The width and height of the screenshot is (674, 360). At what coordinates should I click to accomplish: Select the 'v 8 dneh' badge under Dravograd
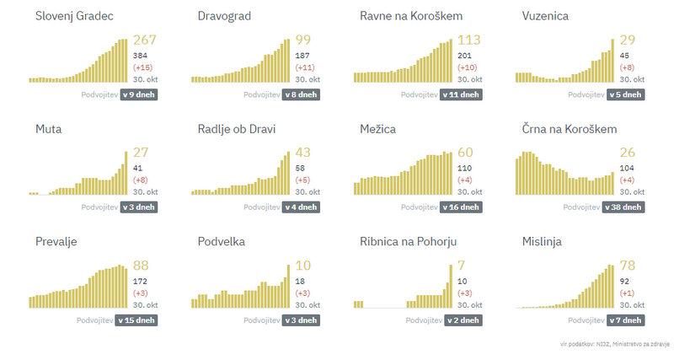pyautogui.click(x=302, y=94)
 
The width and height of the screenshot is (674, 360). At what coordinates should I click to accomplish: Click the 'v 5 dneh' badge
pyautogui.click(x=626, y=94)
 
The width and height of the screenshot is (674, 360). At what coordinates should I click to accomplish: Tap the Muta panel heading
pyautogui.click(x=49, y=129)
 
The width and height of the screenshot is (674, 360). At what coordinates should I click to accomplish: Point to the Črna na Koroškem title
pyautogui.click(x=570, y=129)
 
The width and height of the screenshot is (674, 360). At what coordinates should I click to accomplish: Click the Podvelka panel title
pyautogui.click(x=222, y=242)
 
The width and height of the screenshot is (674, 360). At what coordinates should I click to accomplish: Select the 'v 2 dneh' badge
pyautogui.click(x=464, y=320)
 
